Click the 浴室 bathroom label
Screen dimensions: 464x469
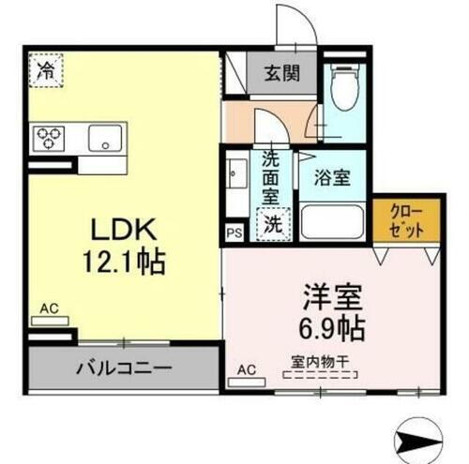333,176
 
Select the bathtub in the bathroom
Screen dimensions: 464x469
333,223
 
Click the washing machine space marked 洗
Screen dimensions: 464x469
271,224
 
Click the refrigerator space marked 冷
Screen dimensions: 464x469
44,68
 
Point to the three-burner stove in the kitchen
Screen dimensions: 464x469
50,139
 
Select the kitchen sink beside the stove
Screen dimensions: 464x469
105,139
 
